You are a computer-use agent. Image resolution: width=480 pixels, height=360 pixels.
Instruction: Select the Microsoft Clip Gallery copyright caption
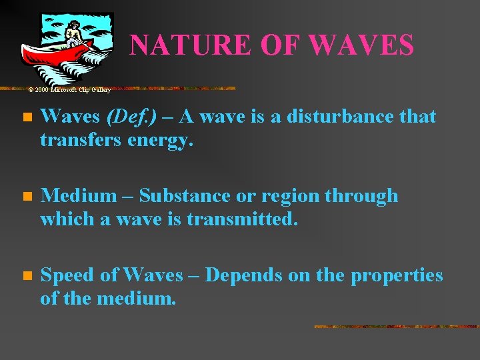click(x=69, y=89)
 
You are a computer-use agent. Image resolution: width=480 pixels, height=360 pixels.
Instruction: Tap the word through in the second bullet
click(x=367, y=196)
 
